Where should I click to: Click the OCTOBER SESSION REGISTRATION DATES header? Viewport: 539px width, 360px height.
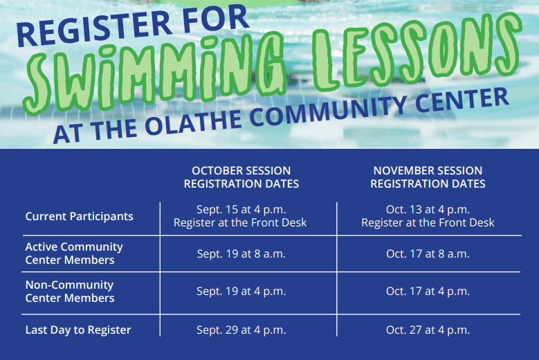241,177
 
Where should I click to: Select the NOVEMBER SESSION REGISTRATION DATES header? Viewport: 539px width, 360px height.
428,177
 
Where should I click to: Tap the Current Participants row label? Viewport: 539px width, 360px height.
79,217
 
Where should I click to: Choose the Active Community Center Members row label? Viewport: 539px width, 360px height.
74,253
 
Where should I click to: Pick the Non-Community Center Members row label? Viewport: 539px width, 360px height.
70,291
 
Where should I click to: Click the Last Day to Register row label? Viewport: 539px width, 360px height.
78,330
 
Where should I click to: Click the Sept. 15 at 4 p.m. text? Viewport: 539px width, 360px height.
241,209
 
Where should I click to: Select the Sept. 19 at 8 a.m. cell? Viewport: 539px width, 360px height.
241,253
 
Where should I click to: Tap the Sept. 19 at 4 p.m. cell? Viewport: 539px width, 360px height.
241,291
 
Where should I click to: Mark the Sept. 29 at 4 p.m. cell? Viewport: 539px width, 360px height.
241,330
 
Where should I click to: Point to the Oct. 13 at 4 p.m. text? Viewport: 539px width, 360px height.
428,209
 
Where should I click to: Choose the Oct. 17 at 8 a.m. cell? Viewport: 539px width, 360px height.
428,253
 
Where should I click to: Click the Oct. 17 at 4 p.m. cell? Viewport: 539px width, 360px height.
428,291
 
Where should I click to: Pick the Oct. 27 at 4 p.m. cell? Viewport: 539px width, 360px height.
428,330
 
